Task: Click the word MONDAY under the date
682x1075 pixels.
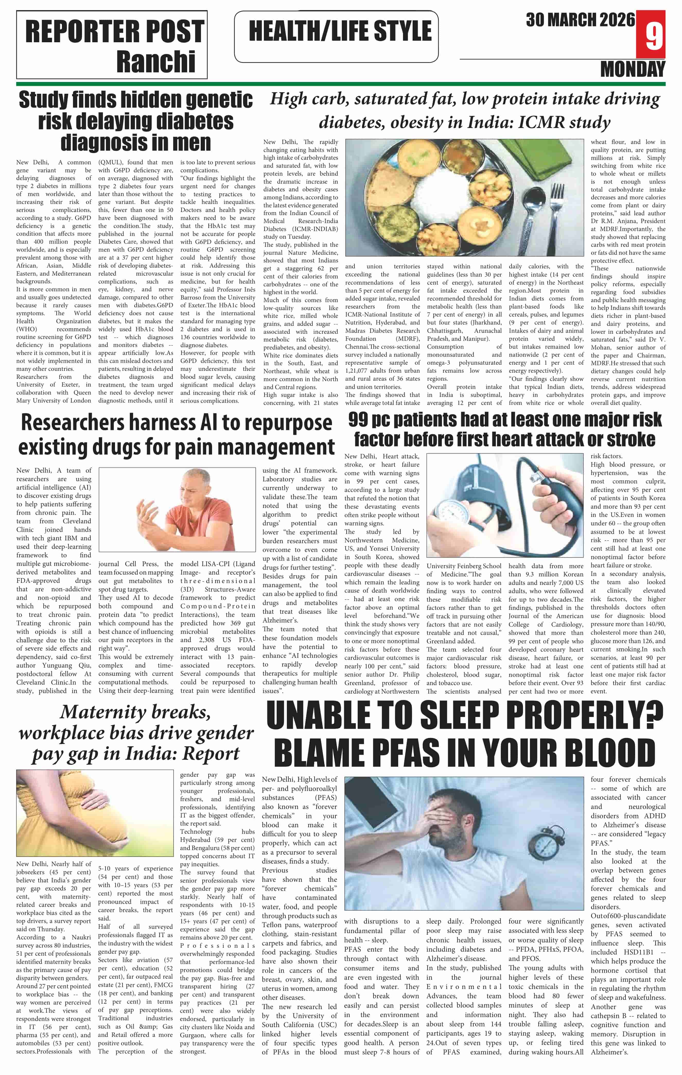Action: click(x=633, y=69)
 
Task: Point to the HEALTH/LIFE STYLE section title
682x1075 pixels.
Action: click(x=340, y=31)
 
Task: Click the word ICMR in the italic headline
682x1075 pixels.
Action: click(x=540, y=122)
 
